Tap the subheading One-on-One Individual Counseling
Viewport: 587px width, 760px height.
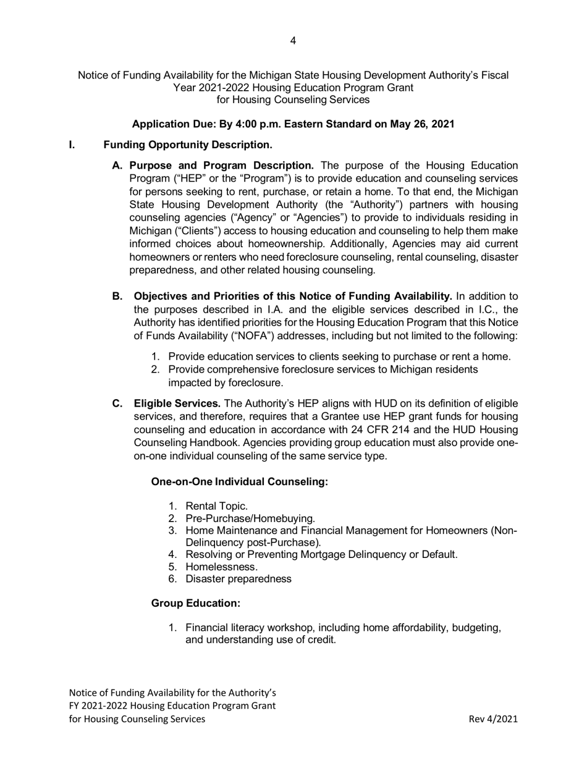(239, 481)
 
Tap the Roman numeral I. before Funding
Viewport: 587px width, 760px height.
(72, 145)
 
